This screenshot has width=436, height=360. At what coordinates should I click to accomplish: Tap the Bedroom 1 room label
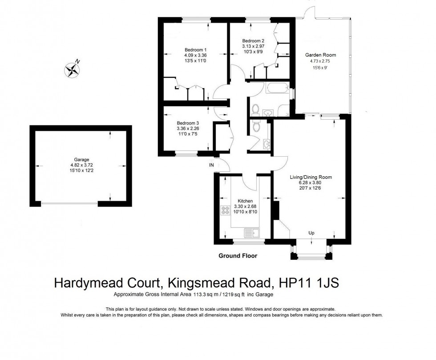coord(195,49)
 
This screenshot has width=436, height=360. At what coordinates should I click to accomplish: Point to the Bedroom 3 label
coord(188,123)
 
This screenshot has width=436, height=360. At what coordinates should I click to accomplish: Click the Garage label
coord(81,159)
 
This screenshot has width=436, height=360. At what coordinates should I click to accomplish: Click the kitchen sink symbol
coord(252,233)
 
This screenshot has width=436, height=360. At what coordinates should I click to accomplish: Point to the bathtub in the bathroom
coord(276,88)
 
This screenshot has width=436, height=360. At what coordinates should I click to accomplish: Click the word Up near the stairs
coord(312,233)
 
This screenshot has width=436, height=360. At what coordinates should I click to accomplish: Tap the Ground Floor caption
coord(238,256)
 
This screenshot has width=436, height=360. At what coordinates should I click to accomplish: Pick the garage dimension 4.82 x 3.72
coord(81,165)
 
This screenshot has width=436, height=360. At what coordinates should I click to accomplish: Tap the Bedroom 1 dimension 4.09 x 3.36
coord(195,55)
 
